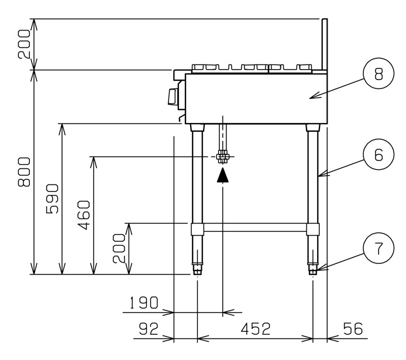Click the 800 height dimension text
point(24,172)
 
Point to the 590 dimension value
point(52,198)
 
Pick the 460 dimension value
point(84,215)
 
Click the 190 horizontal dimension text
point(143,303)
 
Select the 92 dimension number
point(149,328)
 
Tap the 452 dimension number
point(256,328)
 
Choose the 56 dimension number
point(353,328)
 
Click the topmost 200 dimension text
point(24,44)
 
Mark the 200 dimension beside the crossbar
point(119,248)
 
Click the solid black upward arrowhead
point(223,175)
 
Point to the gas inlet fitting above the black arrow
point(223,157)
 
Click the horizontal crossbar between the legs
point(255,227)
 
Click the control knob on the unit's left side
point(173,97)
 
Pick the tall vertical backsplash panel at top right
point(325,44)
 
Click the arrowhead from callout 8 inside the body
point(315,97)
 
